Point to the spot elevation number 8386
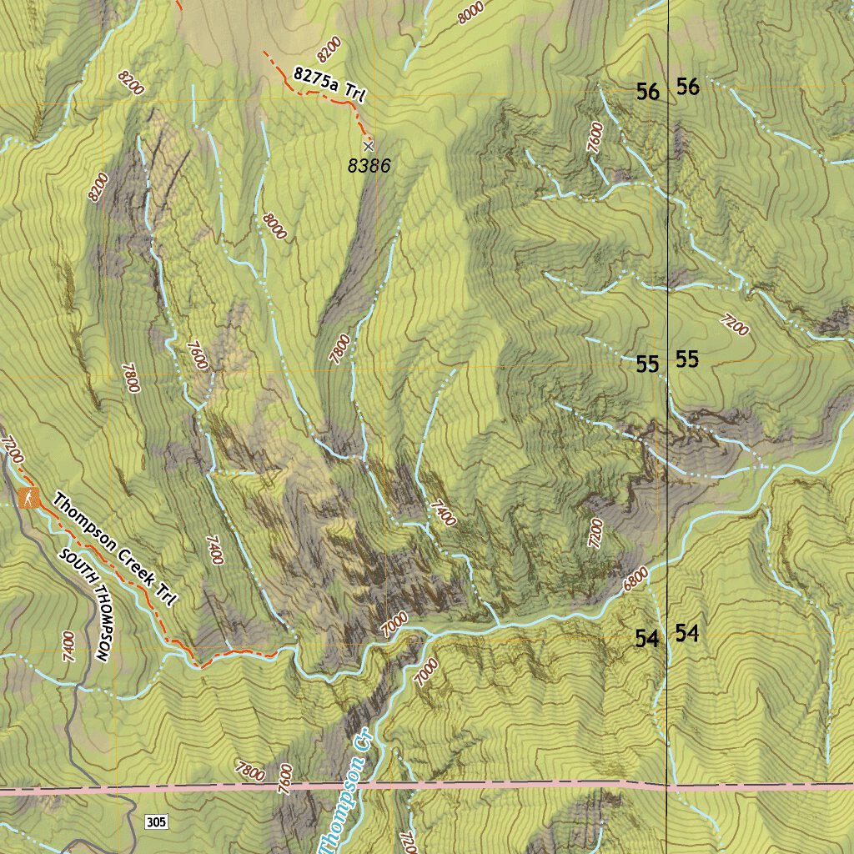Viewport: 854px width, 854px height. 369,166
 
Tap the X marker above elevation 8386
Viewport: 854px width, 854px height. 368,145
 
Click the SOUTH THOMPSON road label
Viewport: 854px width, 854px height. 88,604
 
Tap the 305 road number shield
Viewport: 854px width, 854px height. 156,822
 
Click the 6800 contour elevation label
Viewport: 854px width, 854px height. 635,580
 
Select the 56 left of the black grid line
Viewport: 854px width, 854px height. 648,92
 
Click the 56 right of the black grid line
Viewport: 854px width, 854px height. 688,86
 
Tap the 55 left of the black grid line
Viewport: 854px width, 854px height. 648,364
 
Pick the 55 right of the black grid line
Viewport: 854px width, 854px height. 688,359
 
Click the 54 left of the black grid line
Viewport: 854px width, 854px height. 647,639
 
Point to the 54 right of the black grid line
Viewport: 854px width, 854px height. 687,633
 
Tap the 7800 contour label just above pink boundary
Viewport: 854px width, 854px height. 249,771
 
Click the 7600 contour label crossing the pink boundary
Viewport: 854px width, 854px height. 286,780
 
